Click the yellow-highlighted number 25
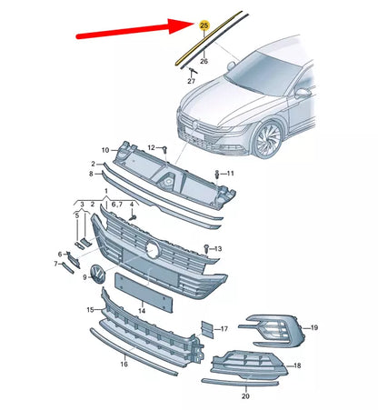(x=203, y=25)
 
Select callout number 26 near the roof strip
(x=204, y=62)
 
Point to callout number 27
(x=191, y=82)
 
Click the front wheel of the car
(x=268, y=143)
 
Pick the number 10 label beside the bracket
(x=104, y=150)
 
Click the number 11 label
(x=230, y=173)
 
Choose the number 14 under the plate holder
(x=141, y=311)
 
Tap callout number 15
(x=90, y=310)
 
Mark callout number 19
(x=314, y=326)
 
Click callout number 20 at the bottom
(x=245, y=396)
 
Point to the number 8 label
(x=91, y=173)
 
